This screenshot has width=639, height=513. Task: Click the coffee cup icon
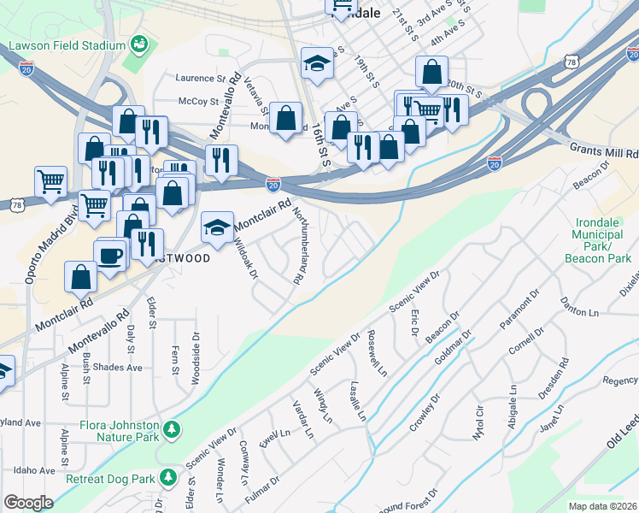point(109,254)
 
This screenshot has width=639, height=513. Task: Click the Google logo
point(28,503)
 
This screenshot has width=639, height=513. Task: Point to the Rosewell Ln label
point(376,352)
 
